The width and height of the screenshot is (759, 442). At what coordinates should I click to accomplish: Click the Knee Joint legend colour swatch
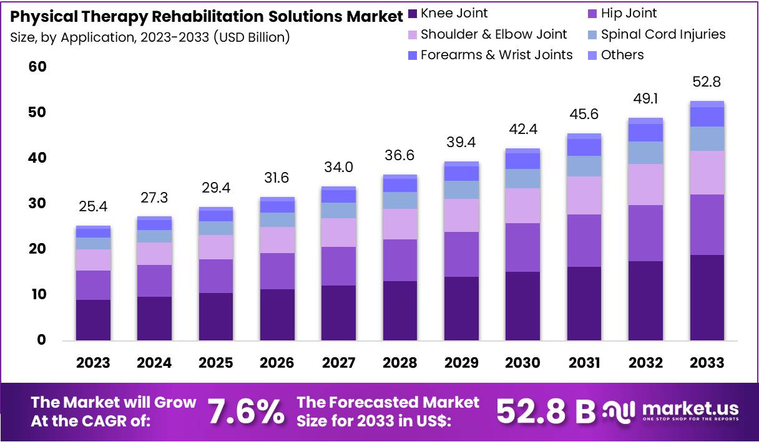(412, 13)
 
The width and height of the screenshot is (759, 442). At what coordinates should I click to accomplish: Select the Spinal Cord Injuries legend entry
(663, 34)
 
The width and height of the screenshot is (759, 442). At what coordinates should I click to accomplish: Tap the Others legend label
(622, 55)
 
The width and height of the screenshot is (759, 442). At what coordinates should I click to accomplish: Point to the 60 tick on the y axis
(37, 67)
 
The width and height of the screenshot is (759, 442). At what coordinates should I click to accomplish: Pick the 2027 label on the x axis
(338, 363)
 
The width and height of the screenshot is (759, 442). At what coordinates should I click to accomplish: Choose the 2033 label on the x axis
(707, 363)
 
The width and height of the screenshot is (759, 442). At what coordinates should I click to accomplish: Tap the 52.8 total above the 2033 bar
(707, 82)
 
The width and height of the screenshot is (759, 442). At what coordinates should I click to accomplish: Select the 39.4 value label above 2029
(461, 143)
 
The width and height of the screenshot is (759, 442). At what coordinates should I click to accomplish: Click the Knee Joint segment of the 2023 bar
(93, 320)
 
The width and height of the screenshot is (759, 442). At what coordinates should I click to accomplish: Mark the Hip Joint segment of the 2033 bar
(707, 224)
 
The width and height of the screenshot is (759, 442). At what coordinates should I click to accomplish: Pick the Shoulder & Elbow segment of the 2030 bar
(522, 206)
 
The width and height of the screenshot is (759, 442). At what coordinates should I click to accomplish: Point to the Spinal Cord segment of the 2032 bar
(645, 153)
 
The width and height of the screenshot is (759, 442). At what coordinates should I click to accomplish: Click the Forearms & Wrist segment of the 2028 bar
(399, 185)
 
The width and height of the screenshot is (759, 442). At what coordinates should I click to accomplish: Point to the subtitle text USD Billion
(252, 37)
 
